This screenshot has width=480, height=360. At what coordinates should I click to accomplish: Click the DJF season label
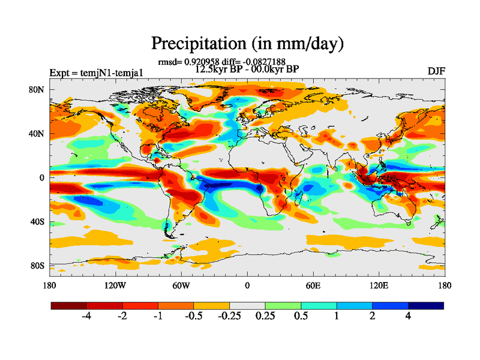pos(436,71)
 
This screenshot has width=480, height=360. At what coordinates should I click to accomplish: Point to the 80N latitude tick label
pos(37,89)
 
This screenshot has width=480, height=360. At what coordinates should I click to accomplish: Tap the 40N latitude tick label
pos(37,134)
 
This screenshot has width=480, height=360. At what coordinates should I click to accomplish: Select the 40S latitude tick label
pos(37,221)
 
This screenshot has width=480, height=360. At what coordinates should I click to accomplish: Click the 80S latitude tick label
pos(37,265)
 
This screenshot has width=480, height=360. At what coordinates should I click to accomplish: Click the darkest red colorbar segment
pos(69,305)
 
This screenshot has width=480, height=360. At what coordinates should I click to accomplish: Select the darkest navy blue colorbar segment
pos(426,305)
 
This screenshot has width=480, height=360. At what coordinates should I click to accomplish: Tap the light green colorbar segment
pos(283,305)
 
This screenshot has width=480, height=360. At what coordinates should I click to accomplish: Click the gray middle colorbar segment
pos(247,305)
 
